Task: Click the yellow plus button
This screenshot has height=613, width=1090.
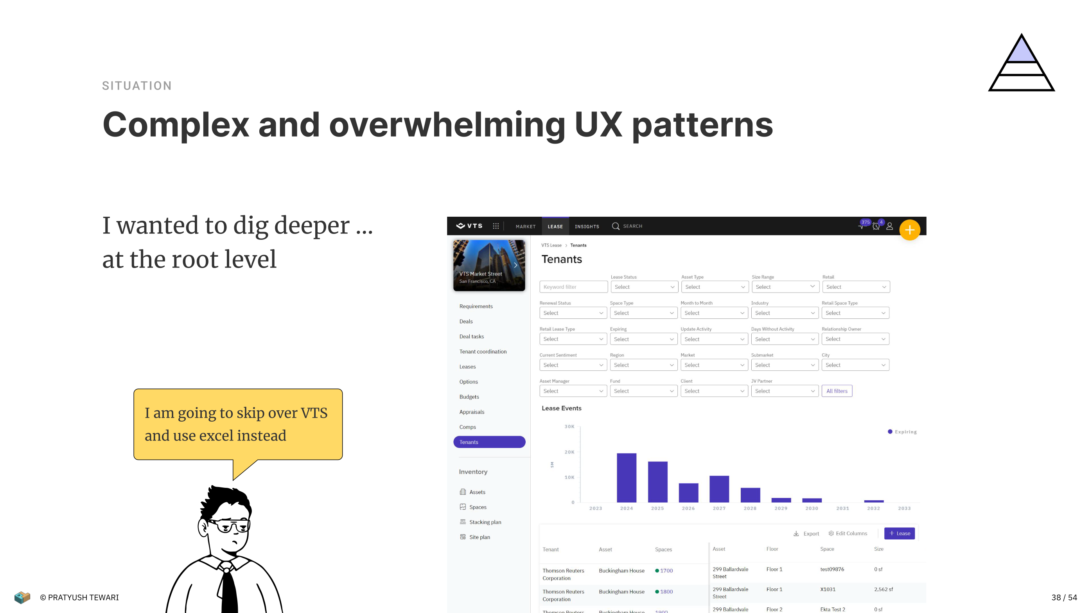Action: (x=910, y=230)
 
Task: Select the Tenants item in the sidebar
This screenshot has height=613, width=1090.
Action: (x=489, y=442)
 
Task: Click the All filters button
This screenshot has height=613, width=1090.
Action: (x=837, y=391)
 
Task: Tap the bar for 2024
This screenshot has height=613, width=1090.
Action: (x=626, y=478)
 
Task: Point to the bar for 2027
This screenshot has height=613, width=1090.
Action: (x=719, y=489)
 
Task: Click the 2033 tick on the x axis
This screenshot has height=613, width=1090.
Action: (x=904, y=508)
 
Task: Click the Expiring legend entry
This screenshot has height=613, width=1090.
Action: (x=902, y=432)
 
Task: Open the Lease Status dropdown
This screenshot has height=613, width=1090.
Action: (x=644, y=287)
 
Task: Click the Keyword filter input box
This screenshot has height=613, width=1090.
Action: (x=573, y=287)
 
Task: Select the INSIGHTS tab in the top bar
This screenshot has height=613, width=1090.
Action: (x=587, y=227)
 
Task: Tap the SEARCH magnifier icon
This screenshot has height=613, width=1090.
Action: (x=616, y=227)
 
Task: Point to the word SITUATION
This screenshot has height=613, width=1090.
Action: (x=136, y=86)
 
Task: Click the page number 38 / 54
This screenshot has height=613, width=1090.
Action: (x=1064, y=597)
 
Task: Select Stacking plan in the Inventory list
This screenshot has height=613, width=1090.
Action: (x=485, y=522)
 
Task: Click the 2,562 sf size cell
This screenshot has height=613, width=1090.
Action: (x=883, y=589)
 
